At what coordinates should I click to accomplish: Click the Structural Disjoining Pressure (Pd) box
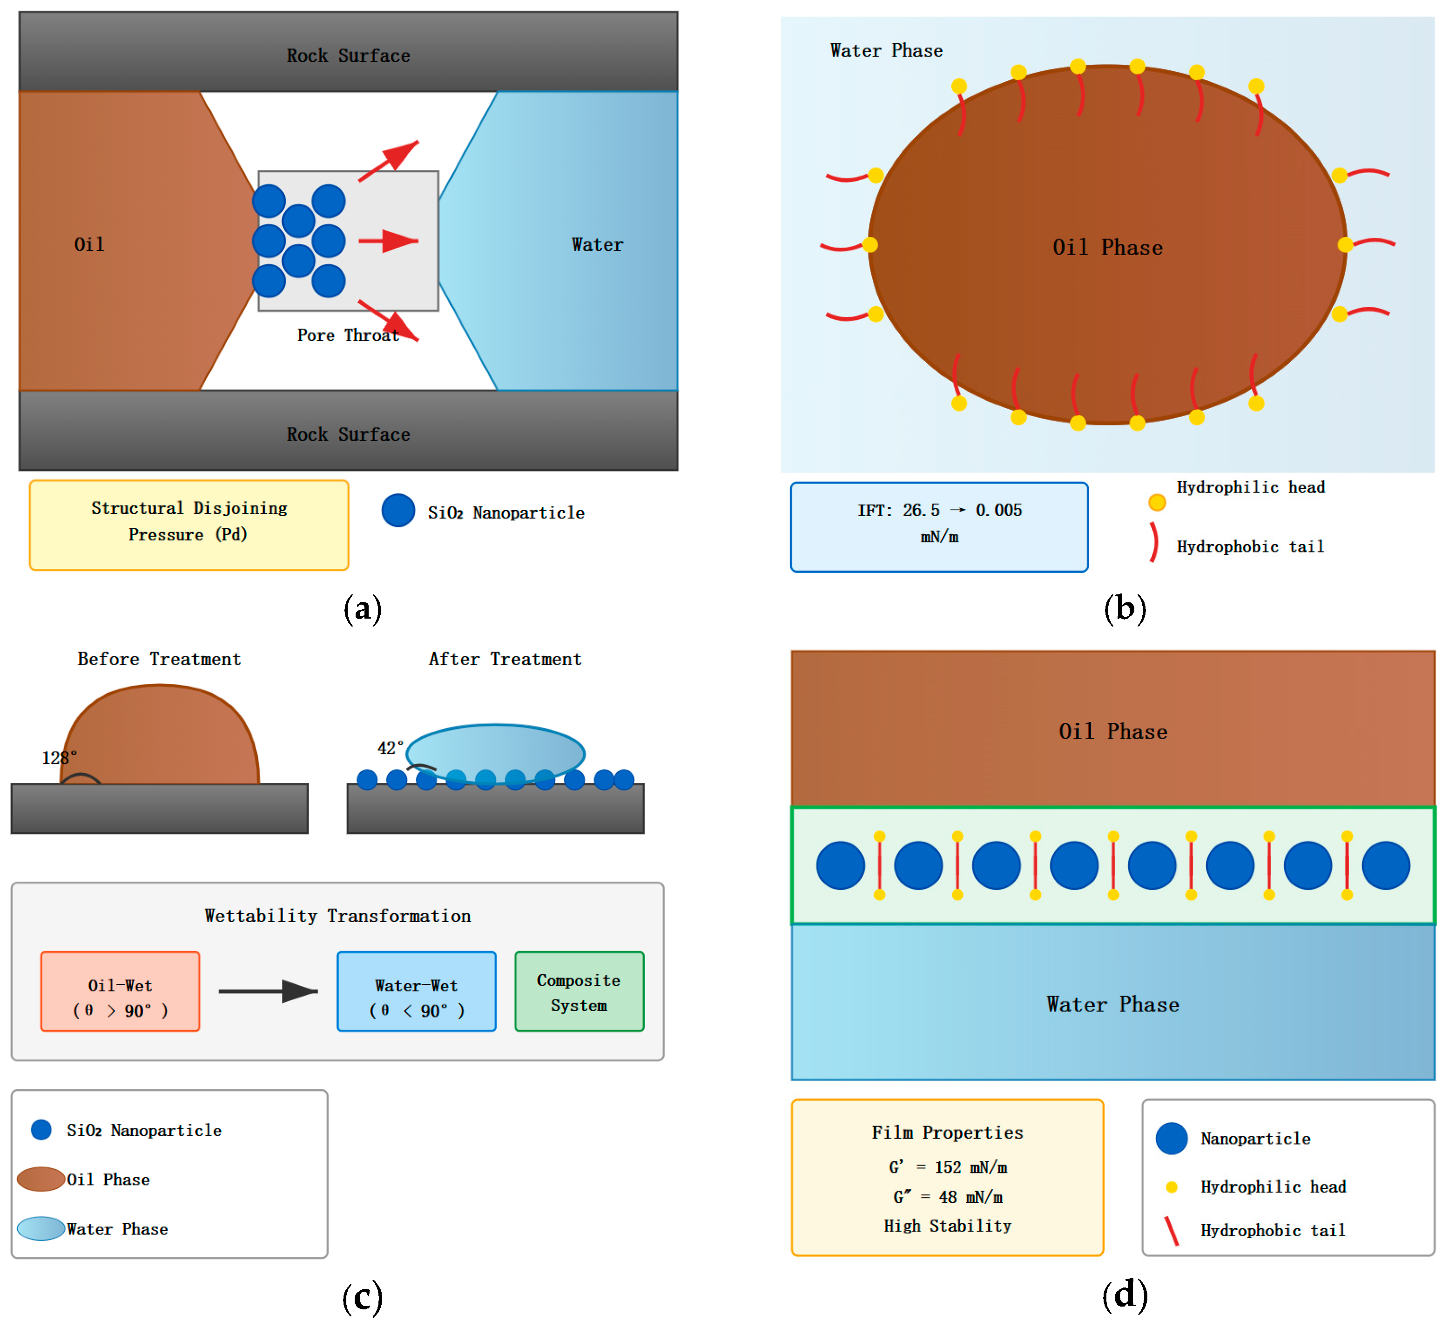(x=189, y=525)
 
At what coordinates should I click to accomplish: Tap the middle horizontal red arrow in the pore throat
(x=388, y=241)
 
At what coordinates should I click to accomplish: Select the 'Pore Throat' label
(x=348, y=336)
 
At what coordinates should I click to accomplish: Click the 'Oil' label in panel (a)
(x=89, y=244)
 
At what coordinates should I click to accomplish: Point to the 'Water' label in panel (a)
(x=597, y=244)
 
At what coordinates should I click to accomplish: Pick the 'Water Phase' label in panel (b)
(x=886, y=51)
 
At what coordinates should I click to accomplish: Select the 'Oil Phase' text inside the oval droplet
(x=1107, y=248)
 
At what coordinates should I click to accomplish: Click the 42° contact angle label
(x=391, y=748)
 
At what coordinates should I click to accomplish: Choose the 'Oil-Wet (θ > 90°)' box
(x=120, y=991)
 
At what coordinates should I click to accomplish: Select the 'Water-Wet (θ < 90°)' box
(x=416, y=991)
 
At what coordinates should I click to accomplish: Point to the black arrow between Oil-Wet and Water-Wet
(x=268, y=991)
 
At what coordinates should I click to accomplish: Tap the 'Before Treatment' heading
(x=159, y=659)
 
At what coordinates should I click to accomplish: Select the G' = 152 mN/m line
(x=948, y=1167)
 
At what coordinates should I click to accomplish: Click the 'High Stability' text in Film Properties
(x=948, y=1226)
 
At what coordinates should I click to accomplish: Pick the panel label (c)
(x=362, y=1296)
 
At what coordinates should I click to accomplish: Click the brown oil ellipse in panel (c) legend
(x=41, y=1179)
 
